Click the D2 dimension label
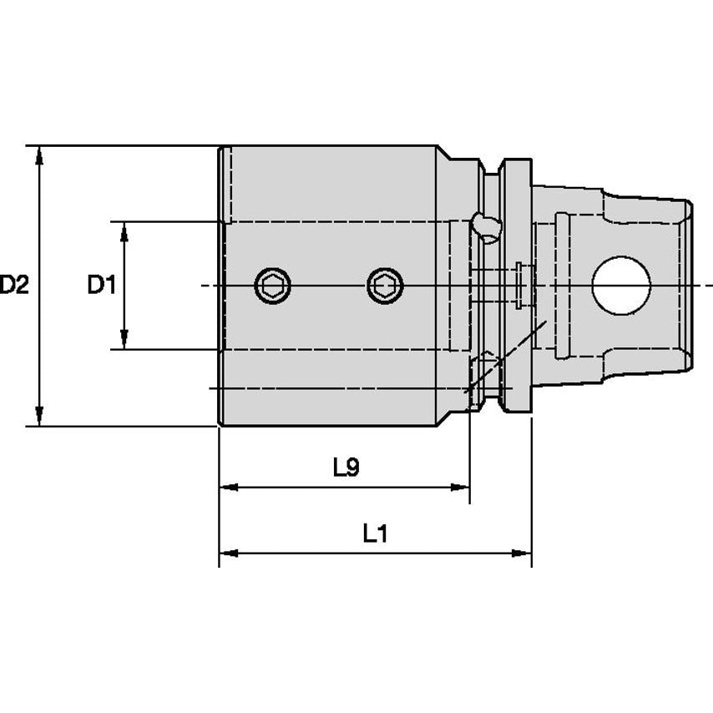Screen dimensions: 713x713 pos(14,286)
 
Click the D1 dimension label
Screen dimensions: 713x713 pos(101,286)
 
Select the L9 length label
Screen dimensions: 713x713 pos(346,468)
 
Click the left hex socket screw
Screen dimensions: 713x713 pos(273,286)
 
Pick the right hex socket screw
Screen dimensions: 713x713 pos(384,286)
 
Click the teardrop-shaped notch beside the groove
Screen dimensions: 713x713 pos(483,225)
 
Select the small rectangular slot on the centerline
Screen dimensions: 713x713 pos(522,285)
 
